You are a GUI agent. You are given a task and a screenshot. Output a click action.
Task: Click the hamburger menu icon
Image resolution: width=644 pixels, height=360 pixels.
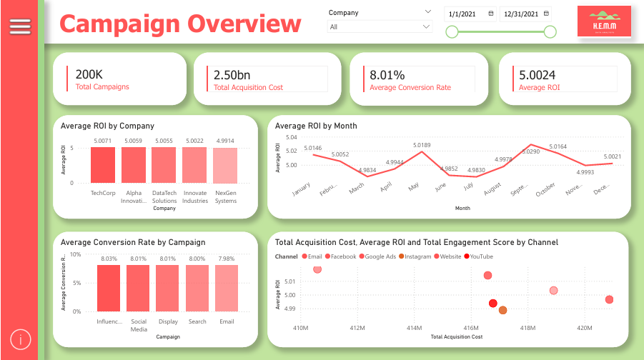coord(20,26)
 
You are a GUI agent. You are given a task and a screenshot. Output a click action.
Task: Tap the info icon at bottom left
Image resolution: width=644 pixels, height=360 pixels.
coord(20,340)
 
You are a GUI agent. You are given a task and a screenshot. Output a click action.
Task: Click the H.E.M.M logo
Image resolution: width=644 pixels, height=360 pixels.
coord(604,21)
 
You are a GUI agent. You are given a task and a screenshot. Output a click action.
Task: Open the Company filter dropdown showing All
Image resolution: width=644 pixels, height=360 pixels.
coord(380,27)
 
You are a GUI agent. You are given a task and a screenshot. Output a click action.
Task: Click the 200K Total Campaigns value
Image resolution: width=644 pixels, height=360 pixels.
coord(89,74)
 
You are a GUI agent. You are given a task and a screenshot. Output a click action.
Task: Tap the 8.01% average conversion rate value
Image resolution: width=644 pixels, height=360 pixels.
coord(387,74)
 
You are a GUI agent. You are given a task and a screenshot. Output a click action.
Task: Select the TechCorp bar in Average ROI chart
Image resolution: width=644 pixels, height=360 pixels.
coord(102,165)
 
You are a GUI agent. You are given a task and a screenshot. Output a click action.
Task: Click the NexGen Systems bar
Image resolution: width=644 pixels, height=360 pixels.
coord(225,166)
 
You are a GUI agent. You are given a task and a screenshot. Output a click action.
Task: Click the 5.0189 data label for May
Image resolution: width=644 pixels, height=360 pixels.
coord(423,145)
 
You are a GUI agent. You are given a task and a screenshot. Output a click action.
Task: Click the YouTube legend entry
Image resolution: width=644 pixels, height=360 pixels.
coord(478,256)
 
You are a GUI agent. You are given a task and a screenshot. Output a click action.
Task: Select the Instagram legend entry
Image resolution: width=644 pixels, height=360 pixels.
coord(414,256)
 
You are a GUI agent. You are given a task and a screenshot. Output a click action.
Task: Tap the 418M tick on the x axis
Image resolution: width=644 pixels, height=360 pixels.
coord(527,328)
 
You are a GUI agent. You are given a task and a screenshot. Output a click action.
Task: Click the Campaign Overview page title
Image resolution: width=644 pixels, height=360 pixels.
coord(180,24)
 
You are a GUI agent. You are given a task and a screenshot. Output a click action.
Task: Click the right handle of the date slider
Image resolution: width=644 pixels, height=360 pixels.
coord(550,31)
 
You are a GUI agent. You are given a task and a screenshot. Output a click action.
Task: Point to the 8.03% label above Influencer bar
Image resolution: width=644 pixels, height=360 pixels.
coord(109,259)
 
